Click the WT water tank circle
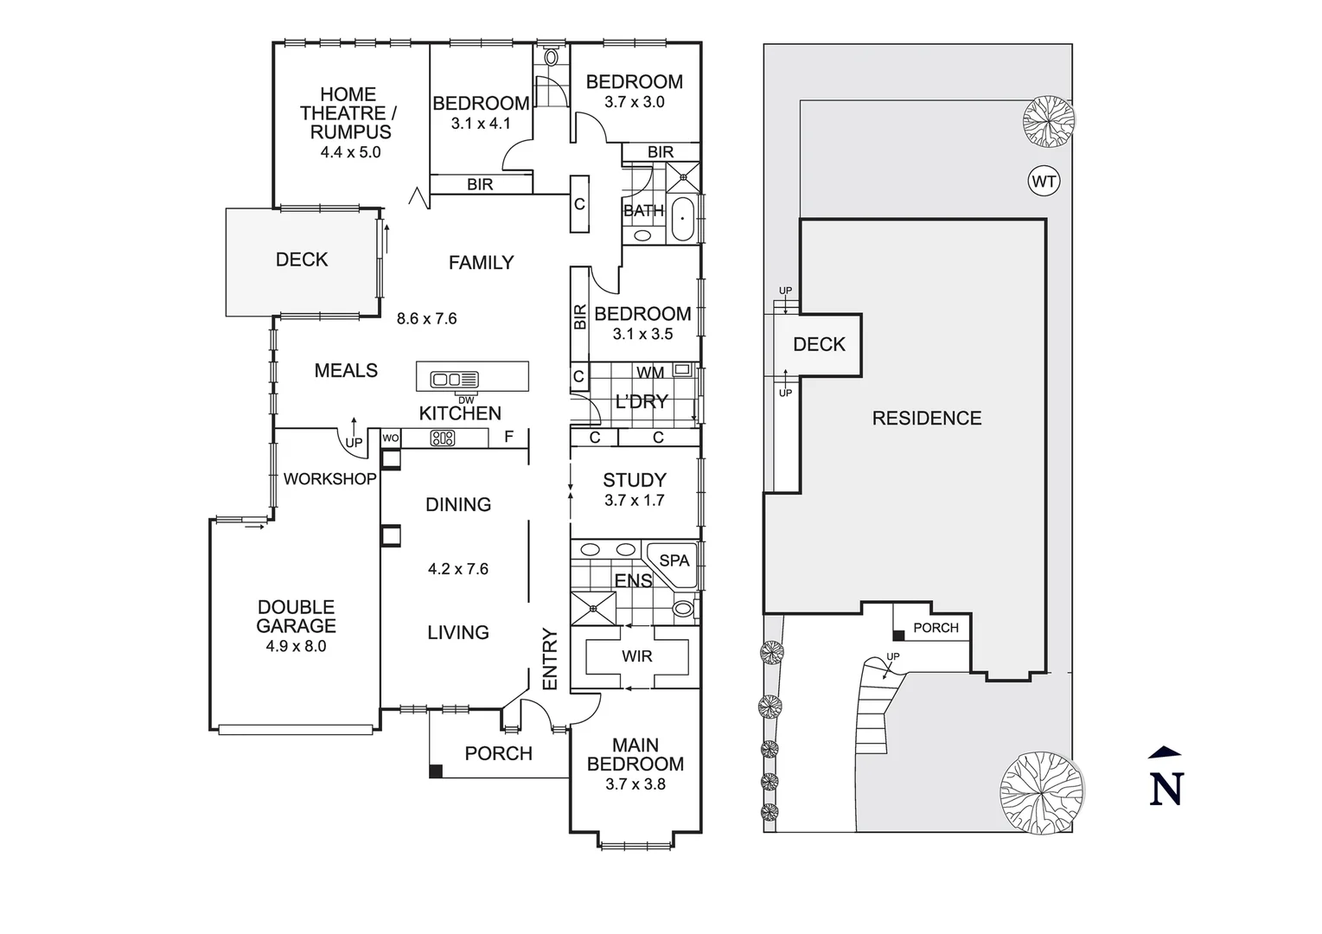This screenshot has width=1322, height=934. pyautogui.click(x=1044, y=182)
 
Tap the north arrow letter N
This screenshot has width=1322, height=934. pyautogui.click(x=1166, y=788)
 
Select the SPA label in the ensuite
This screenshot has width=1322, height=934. pyautogui.click(x=674, y=560)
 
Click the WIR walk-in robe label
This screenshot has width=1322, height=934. pyautogui.click(x=636, y=656)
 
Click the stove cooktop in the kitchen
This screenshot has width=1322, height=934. pyautogui.click(x=443, y=438)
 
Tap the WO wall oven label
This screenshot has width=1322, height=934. pyautogui.click(x=391, y=438)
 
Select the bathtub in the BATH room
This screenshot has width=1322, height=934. pyautogui.click(x=683, y=218)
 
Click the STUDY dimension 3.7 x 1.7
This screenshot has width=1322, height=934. pyautogui.click(x=634, y=501)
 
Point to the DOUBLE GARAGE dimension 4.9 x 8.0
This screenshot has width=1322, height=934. pyautogui.click(x=296, y=646)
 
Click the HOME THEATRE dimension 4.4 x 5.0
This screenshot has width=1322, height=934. pyautogui.click(x=350, y=152)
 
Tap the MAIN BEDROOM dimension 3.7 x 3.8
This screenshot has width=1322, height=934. pyautogui.click(x=635, y=784)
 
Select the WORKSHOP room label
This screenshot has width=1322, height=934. pyautogui.click(x=329, y=479)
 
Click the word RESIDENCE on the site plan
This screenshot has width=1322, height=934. pyautogui.click(x=926, y=419)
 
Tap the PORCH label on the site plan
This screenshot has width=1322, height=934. pyautogui.click(x=936, y=628)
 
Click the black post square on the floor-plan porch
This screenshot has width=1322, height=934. pyautogui.click(x=436, y=771)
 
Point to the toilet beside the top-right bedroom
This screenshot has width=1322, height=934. pyautogui.click(x=552, y=57)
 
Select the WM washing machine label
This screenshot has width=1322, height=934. pyautogui.click(x=650, y=373)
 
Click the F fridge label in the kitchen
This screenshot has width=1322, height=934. pyautogui.click(x=508, y=437)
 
